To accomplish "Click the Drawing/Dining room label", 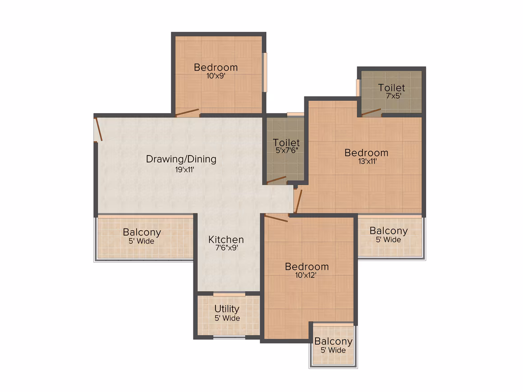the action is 181,160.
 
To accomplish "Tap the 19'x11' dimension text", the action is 185,170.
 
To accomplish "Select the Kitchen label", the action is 226,239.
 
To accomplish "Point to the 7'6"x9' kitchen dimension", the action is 226,248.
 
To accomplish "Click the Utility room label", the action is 227,310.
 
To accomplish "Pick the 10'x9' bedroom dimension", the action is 216,76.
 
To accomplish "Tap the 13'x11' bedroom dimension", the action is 367,162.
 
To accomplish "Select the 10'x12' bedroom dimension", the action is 306,275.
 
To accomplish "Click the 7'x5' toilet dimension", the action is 394,96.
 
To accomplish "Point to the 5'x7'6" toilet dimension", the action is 287,150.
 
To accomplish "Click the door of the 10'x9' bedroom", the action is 187,112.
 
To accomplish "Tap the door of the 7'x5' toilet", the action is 371,112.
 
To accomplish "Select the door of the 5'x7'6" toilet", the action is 276,180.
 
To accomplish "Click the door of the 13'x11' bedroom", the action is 298,201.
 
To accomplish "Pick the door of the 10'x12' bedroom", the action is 276,218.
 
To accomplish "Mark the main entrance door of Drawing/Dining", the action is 98,129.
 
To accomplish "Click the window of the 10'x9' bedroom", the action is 265,73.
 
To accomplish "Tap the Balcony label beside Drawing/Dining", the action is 142,232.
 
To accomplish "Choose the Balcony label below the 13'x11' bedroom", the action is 389,231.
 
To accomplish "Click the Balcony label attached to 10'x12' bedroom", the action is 333,342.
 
